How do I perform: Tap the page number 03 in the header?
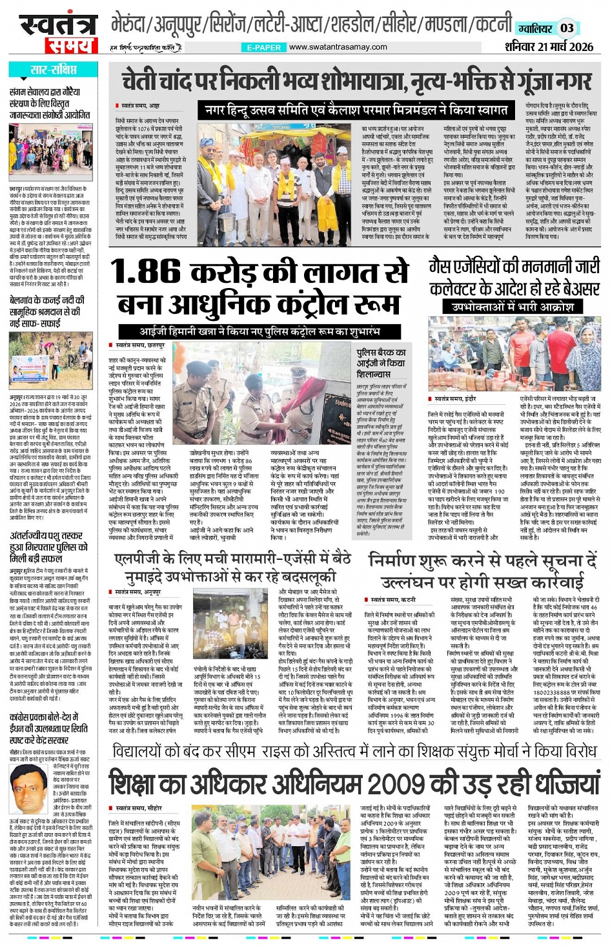(566, 28)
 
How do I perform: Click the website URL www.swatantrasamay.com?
(338, 47)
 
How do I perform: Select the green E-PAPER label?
(263, 47)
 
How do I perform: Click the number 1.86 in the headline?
(147, 271)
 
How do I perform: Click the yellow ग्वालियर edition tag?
(534, 28)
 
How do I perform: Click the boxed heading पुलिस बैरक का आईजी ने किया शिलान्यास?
(382, 363)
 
